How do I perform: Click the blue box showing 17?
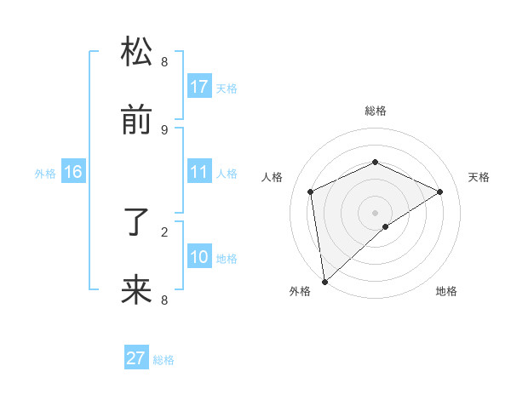click(x=199, y=87)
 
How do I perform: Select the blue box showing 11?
click(x=199, y=172)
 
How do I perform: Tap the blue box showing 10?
click(x=199, y=257)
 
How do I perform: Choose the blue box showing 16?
click(x=73, y=172)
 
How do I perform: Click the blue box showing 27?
click(x=136, y=358)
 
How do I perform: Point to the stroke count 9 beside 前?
click(x=164, y=129)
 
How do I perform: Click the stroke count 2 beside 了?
click(x=164, y=231)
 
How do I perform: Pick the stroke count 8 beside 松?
click(x=164, y=61)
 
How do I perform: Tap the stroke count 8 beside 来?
click(x=164, y=300)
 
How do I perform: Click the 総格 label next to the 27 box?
click(x=164, y=360)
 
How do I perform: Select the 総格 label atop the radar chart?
click(x=375, y=111)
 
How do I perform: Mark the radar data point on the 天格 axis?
click(x=440, y=191)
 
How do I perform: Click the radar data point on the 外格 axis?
click(x=324, y=282)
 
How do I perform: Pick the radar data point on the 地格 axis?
click(x=386, y=226)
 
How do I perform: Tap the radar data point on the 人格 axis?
click(x=311, y=191)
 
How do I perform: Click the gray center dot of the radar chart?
click(x=375, y=212)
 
